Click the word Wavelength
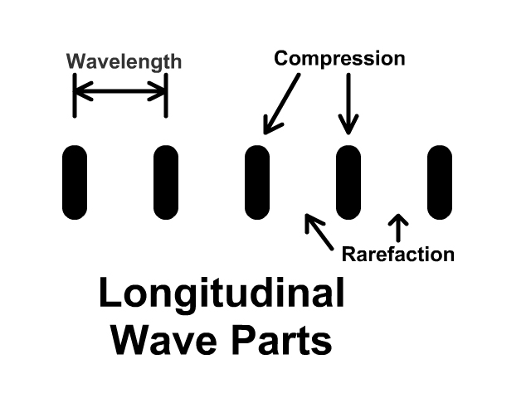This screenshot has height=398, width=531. (x=124, y=61)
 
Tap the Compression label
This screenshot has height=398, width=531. (x=339, y=59)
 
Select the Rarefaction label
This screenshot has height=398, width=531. (x=398, y=254)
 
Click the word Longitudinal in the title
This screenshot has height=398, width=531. (x=222, y=295)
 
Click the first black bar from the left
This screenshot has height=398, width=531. (x=75, y=182)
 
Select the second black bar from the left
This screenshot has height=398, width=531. (x=166, y=182)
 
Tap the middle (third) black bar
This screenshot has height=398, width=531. (x=257, y=182)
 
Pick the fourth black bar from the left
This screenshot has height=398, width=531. (x=348, y=182)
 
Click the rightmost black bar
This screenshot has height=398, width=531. (x=439, y=182)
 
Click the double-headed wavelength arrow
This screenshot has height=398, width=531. (x=120, y=93)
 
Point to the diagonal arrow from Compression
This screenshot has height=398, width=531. (x=282, y=103)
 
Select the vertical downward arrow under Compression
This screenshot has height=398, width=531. (x=348, y=103)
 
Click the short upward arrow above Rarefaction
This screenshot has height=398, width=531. (x=398, y=228)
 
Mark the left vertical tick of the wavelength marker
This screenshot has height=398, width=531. (x=75, y=95)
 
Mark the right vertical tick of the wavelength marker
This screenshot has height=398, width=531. (x=166, y=95)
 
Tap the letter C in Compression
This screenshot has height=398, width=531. (x=281, y=59)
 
